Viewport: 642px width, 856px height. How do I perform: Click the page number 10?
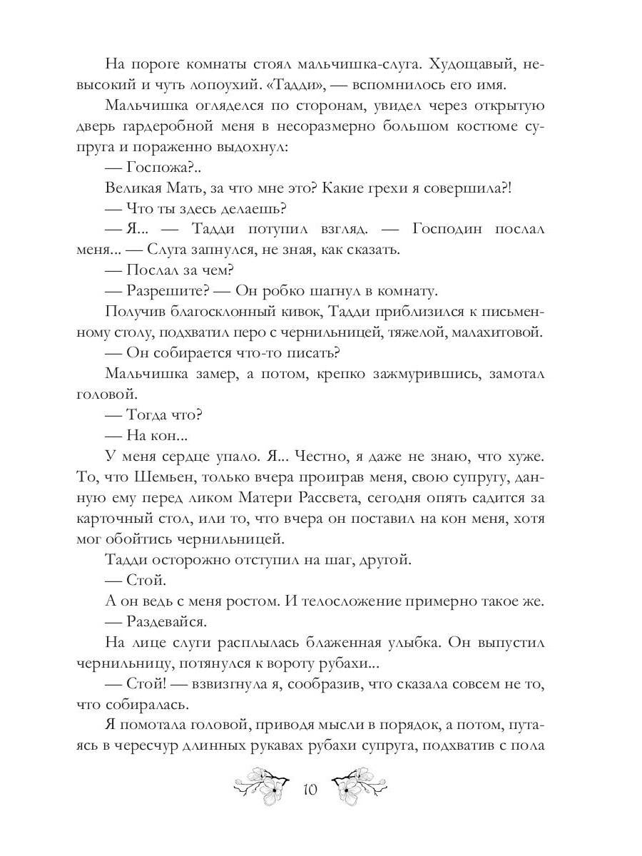coord(310,790)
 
